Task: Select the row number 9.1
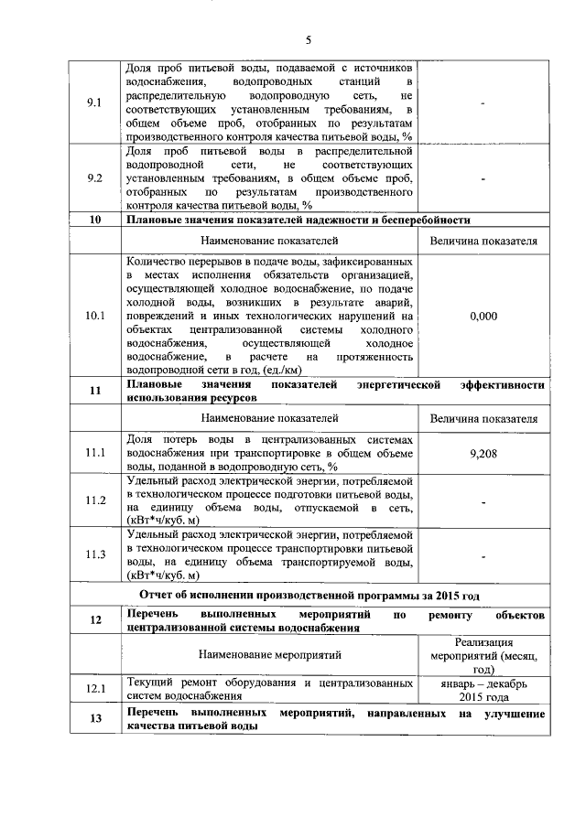[x=92, y=102]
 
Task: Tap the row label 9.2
[x=92, y=178]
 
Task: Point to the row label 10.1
[x=92, y=316]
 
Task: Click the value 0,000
[x=483, y=316]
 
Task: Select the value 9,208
[x=483, y=453]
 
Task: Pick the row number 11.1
[x=92, y=453]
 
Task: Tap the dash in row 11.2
[x=483, y=500]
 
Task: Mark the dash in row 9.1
[x=483, y=102]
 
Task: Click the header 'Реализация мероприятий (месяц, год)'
[x=483, y=655]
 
